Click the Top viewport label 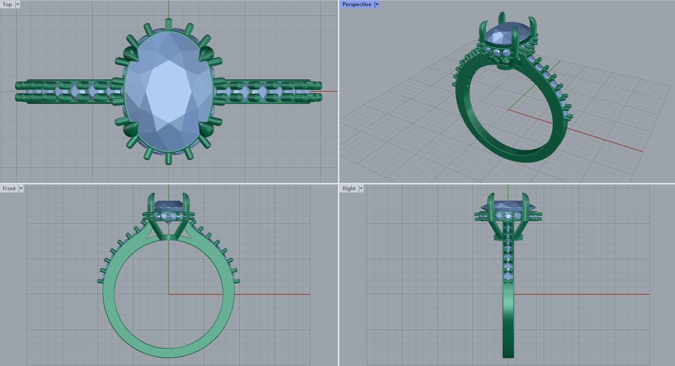tap(7, 4)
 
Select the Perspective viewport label tap(357, 4)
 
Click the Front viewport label tap(9, 188)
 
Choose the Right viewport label tap(349, 188)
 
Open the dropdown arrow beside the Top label tap(18, 4)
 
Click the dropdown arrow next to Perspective tap(377, 4)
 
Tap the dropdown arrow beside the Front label tap(21, 188)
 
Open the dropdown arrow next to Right tap(361, 188)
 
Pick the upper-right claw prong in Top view tap(206, 54)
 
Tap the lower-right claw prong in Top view tap(206, 129)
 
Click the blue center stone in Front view tap(169, 205)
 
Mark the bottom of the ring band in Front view tap(169, 352)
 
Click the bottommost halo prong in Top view tap(169, 158)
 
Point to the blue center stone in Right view tap(508, 206)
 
